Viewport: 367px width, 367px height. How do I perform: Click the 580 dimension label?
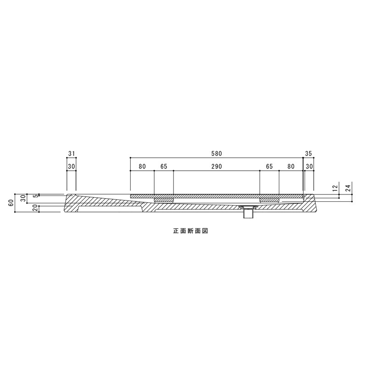217,154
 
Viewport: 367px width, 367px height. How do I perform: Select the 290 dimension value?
217,167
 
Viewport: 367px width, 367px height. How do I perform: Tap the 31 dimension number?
72,154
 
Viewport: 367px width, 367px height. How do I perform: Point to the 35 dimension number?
309,154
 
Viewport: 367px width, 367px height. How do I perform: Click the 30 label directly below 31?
72,167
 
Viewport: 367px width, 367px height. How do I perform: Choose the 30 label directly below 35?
309,167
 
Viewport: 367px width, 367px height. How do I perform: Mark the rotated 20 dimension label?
36,208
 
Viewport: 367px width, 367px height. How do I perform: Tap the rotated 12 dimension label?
335,188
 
